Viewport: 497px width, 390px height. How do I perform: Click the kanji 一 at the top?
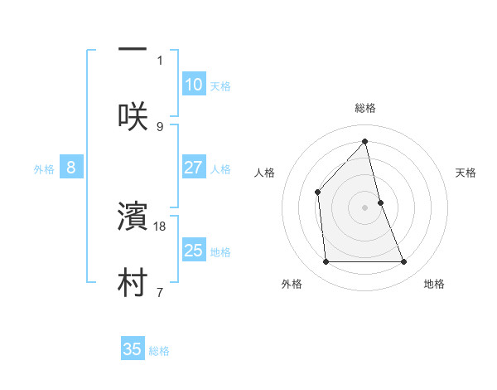(133, 49)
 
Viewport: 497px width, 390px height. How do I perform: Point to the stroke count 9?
(160, 126)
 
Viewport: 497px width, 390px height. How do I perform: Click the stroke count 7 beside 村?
(160, 292)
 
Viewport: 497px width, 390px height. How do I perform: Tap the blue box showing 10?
(193, 85)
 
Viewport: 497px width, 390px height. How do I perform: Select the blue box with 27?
(193, 168)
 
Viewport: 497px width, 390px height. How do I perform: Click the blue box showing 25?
(193, 251)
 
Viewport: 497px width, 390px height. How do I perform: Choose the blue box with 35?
(133, 349)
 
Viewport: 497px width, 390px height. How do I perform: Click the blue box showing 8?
(71, 168)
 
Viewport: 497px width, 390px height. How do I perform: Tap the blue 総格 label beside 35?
(159, 351)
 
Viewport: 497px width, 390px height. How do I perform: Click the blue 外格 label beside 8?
(44, 169)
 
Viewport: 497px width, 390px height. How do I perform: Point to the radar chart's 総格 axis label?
(365, 108)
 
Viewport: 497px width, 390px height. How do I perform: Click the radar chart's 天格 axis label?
(466, 173)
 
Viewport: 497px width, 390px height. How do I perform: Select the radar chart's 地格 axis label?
(434, 284)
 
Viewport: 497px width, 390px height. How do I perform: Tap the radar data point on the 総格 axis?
(365, 142)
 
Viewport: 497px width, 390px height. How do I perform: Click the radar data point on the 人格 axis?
(318, 193)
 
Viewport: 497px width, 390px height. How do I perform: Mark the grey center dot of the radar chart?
(365, 207)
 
